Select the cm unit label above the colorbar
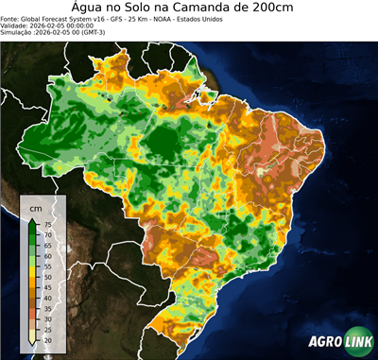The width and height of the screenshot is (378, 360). click(35, 208)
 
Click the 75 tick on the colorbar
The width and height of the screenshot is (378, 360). click(47, 224)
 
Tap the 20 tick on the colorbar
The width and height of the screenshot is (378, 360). click(47, 337)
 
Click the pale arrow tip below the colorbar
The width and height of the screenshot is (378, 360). click(33, 343)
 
